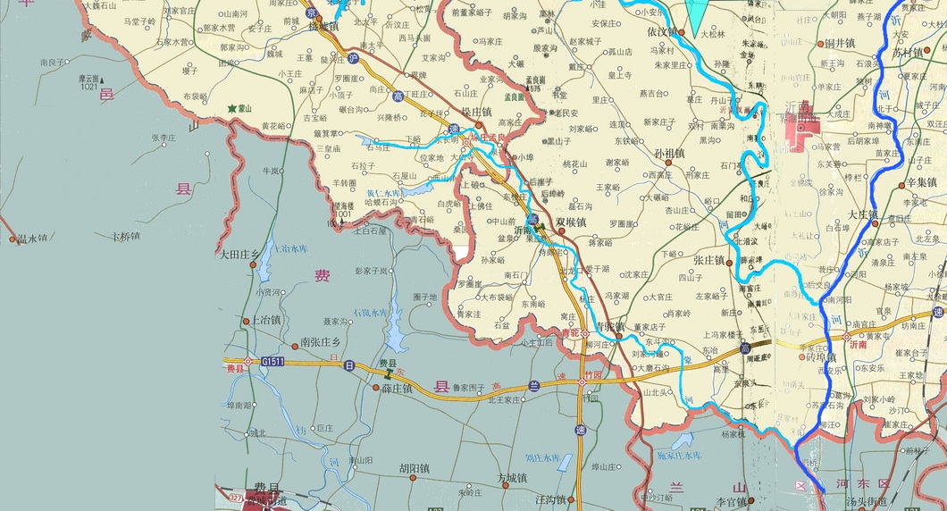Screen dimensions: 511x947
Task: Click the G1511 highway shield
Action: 272,362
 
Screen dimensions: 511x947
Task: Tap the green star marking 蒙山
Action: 232,109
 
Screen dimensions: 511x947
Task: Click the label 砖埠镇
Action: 821,356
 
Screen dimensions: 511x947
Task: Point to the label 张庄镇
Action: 708,260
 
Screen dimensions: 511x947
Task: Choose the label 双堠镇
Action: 572,222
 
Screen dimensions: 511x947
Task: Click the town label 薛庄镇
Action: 396,389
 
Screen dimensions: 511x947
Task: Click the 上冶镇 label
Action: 265,319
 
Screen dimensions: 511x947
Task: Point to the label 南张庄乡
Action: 320,342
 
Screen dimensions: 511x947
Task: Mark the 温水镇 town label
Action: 32,238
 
